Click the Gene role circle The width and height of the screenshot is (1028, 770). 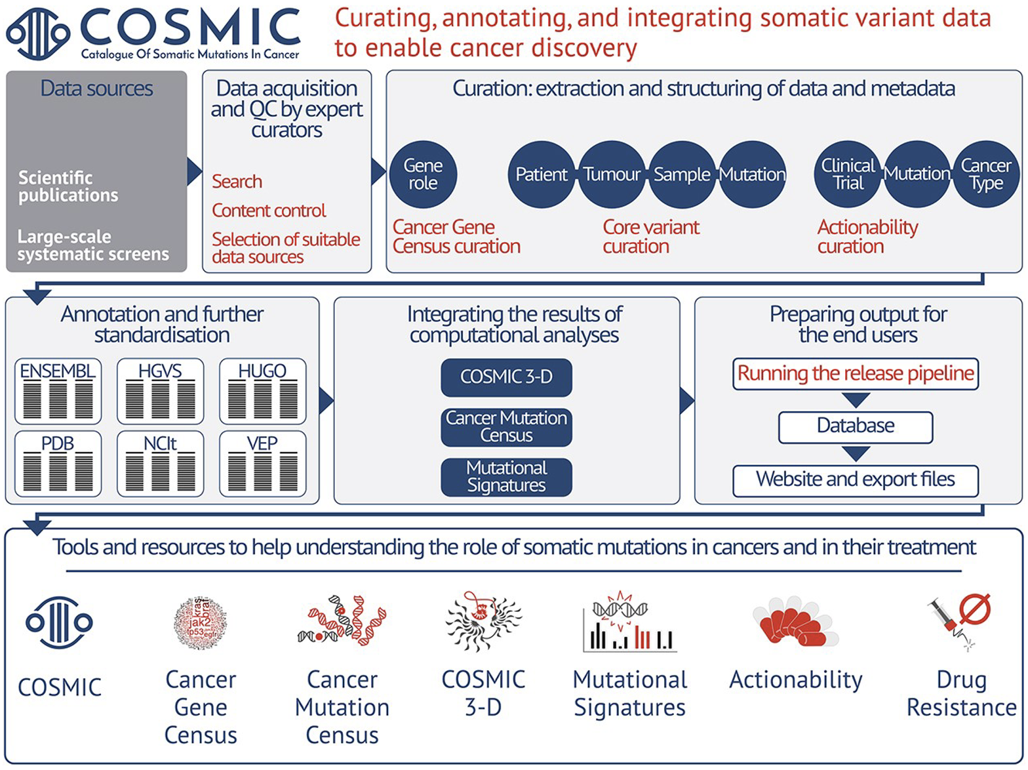click(x=423, y=174)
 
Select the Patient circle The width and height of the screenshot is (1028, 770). click(x=541, y=174)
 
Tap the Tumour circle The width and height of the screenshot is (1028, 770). click(x=611, y=174)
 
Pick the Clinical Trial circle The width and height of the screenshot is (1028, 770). click(x=848, y=174)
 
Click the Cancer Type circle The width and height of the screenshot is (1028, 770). click(x=985, y=174)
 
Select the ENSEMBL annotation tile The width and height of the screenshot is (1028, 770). click(x=58, y=392)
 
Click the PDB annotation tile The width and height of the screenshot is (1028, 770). click(x=58, y=464)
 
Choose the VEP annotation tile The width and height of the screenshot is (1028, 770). click(x=262, y=464)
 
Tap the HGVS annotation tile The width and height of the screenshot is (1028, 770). click(x=160, y=392)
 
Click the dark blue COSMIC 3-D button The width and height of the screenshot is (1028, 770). click(x=506, y=377)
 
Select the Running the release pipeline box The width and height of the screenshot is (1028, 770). click(x=856, y=374)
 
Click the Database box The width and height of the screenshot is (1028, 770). click(x=856, y=427)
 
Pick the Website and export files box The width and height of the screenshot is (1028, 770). click(x=856, y=480)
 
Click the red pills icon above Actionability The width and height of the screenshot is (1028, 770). click(x=795, y=622)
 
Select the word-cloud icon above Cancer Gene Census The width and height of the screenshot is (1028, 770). click(x=201, y=623)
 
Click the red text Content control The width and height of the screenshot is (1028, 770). click(x=269, y=211)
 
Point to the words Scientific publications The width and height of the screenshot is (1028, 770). click(x=68, y=187)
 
